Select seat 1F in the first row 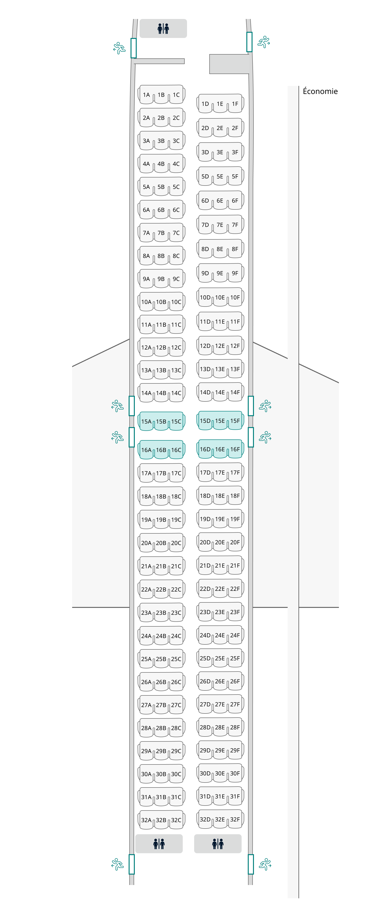point(235,104)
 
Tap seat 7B point(161,233)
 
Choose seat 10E point(220,298)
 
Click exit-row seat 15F point(235,421)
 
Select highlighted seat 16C point(176,450)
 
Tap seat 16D point(205,449)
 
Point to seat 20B point(161,543)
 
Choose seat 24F point(235,635)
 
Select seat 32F point(235,820)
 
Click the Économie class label point(320,91)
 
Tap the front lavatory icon point(163,28)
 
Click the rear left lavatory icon point(159,844)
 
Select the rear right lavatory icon point(218,844)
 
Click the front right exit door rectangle point(249,42)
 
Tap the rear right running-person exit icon point(265,864)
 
